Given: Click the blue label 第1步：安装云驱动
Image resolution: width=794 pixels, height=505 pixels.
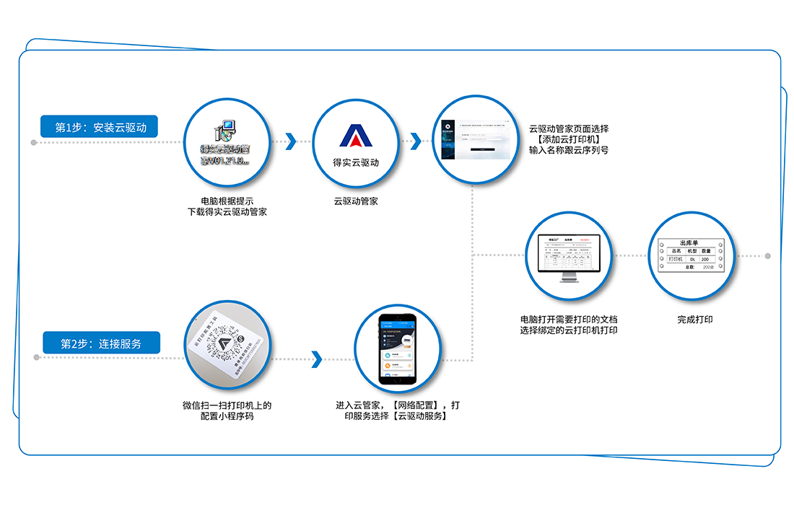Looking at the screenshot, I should [100, 128].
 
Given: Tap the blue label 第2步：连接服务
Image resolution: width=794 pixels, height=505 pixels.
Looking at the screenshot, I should [100, 343].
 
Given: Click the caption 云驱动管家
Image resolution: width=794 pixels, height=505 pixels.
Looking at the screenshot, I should [355, 201].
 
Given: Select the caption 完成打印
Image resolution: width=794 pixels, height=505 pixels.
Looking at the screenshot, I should [694, 319].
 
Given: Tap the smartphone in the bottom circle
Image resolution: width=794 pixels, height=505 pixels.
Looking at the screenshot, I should [398, 350].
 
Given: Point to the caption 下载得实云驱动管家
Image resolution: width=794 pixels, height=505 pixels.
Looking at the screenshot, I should [227, 212].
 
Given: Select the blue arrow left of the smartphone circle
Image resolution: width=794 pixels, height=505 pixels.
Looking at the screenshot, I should [315, 359].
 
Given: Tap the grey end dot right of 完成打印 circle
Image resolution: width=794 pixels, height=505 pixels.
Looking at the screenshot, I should [767, 256].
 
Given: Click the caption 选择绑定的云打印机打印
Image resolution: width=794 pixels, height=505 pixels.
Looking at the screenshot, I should [569, 330].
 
